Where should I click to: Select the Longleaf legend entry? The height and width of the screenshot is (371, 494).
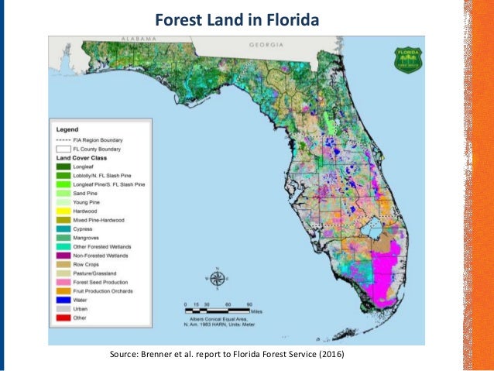77,166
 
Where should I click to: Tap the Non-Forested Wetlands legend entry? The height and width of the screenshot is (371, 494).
90,255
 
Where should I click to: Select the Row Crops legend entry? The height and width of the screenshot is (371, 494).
80,264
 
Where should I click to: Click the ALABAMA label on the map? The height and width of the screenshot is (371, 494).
136,39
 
